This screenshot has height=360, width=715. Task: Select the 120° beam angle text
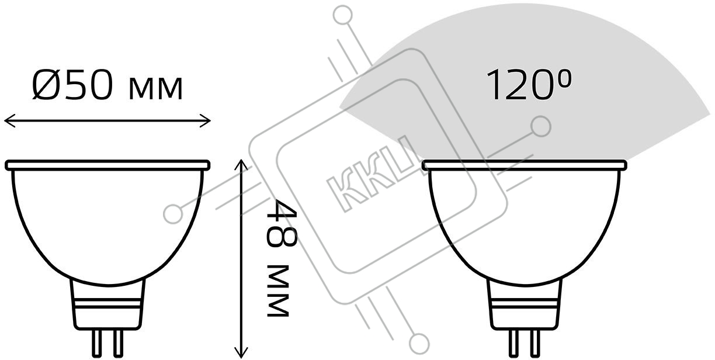point(529,85)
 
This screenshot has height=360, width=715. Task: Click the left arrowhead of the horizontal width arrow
point(9,121)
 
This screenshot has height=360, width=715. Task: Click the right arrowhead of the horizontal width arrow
point(205,121)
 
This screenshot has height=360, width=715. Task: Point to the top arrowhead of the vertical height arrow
point(241,165)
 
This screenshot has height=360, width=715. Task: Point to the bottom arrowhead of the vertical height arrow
point(241,352)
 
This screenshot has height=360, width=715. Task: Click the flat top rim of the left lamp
point(107,165)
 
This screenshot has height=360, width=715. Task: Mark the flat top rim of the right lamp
point(525,165)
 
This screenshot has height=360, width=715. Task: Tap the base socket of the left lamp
point(107,304)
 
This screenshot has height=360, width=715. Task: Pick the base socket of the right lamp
point(525,304)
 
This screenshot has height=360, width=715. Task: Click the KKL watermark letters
point(373,173)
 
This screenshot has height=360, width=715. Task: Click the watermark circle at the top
point(343,15)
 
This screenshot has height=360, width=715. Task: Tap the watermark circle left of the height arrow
point(173,213)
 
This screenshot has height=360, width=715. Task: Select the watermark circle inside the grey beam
point(541,126)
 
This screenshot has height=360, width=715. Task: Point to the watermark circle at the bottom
point(419,344)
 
